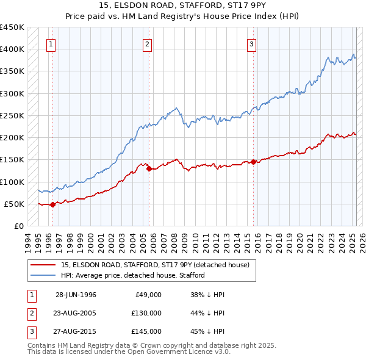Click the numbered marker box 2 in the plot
coord(148,43)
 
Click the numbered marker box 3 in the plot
coord(251,43)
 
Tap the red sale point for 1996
coord(52,204)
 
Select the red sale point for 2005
coord(149,169)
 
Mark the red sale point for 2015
coord(253,162)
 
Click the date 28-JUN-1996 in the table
coord(76,295)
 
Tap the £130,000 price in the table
coord(147,312)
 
